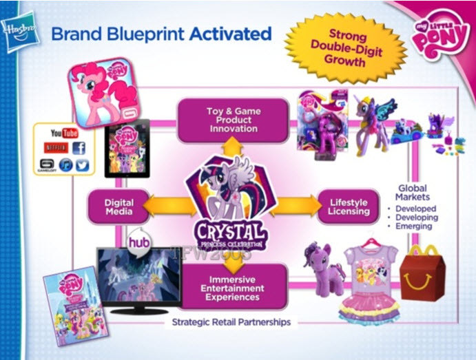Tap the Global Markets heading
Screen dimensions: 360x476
[x=411, y=193]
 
